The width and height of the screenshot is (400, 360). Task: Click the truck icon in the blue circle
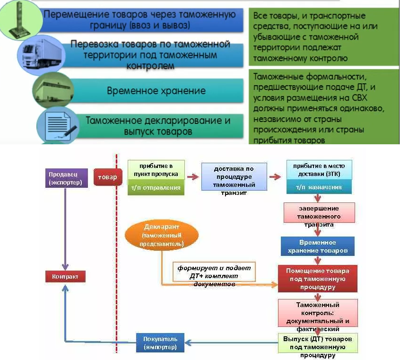[x=42, y=54]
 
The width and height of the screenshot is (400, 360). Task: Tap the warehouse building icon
[x=53, y=89]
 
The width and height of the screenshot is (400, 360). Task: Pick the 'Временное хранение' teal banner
[x=156, y=91]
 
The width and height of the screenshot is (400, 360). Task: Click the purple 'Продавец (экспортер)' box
[x=66, y=178]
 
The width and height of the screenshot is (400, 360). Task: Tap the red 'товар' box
[x=108, y=177]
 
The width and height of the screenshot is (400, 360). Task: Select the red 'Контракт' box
[x=65, y=277]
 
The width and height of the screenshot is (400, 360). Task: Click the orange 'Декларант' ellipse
[x=162, y=235]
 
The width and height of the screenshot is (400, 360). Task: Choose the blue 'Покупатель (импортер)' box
[x=160, y=343]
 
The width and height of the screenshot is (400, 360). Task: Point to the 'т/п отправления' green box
[x=156, y=188]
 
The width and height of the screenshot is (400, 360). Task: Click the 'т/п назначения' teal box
[x=319, y=187]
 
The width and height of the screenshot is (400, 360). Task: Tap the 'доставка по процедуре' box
[x=234, y=176]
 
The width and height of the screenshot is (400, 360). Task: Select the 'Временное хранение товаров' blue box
[x=318, y=246]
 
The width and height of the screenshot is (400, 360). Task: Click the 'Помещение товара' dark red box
[x=318, y=279]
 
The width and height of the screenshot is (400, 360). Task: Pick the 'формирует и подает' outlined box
[x=214, y=272]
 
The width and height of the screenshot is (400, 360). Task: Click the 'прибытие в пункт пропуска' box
[x=156, y=170]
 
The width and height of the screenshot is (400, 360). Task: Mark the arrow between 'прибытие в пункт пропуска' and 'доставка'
[x=193, y=176]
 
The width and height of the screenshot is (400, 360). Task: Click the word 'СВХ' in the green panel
[x=359, y=98]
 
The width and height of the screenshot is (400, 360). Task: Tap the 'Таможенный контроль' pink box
[x=318, y=313]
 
